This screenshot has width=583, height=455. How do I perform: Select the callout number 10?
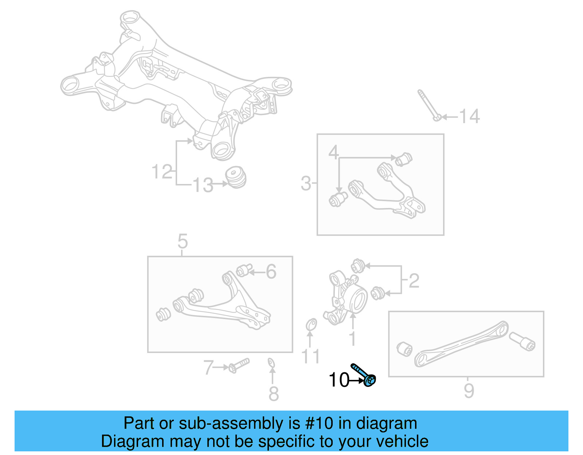[339, 380]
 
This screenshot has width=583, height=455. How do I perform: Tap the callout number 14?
[469, 117]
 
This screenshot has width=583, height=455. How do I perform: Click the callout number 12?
[162, 172]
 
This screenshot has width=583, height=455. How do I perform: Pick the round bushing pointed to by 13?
[236, 177]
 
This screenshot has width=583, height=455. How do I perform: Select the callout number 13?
[203, 185]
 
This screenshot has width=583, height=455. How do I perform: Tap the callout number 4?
[333, 152]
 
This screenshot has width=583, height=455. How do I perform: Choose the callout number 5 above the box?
[183, 241]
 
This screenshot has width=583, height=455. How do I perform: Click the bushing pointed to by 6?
[243, 270]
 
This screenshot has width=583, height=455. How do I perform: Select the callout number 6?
[271, 271]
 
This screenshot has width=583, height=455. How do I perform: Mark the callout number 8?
[274, 394]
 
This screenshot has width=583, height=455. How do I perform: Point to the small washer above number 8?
[271, 362]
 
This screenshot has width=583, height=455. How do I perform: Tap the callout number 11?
[310, 356]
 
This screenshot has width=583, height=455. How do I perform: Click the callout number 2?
[414, 281]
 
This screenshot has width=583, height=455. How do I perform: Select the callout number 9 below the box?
[469, 391]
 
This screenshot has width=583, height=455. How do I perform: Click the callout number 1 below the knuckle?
[352, 338]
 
